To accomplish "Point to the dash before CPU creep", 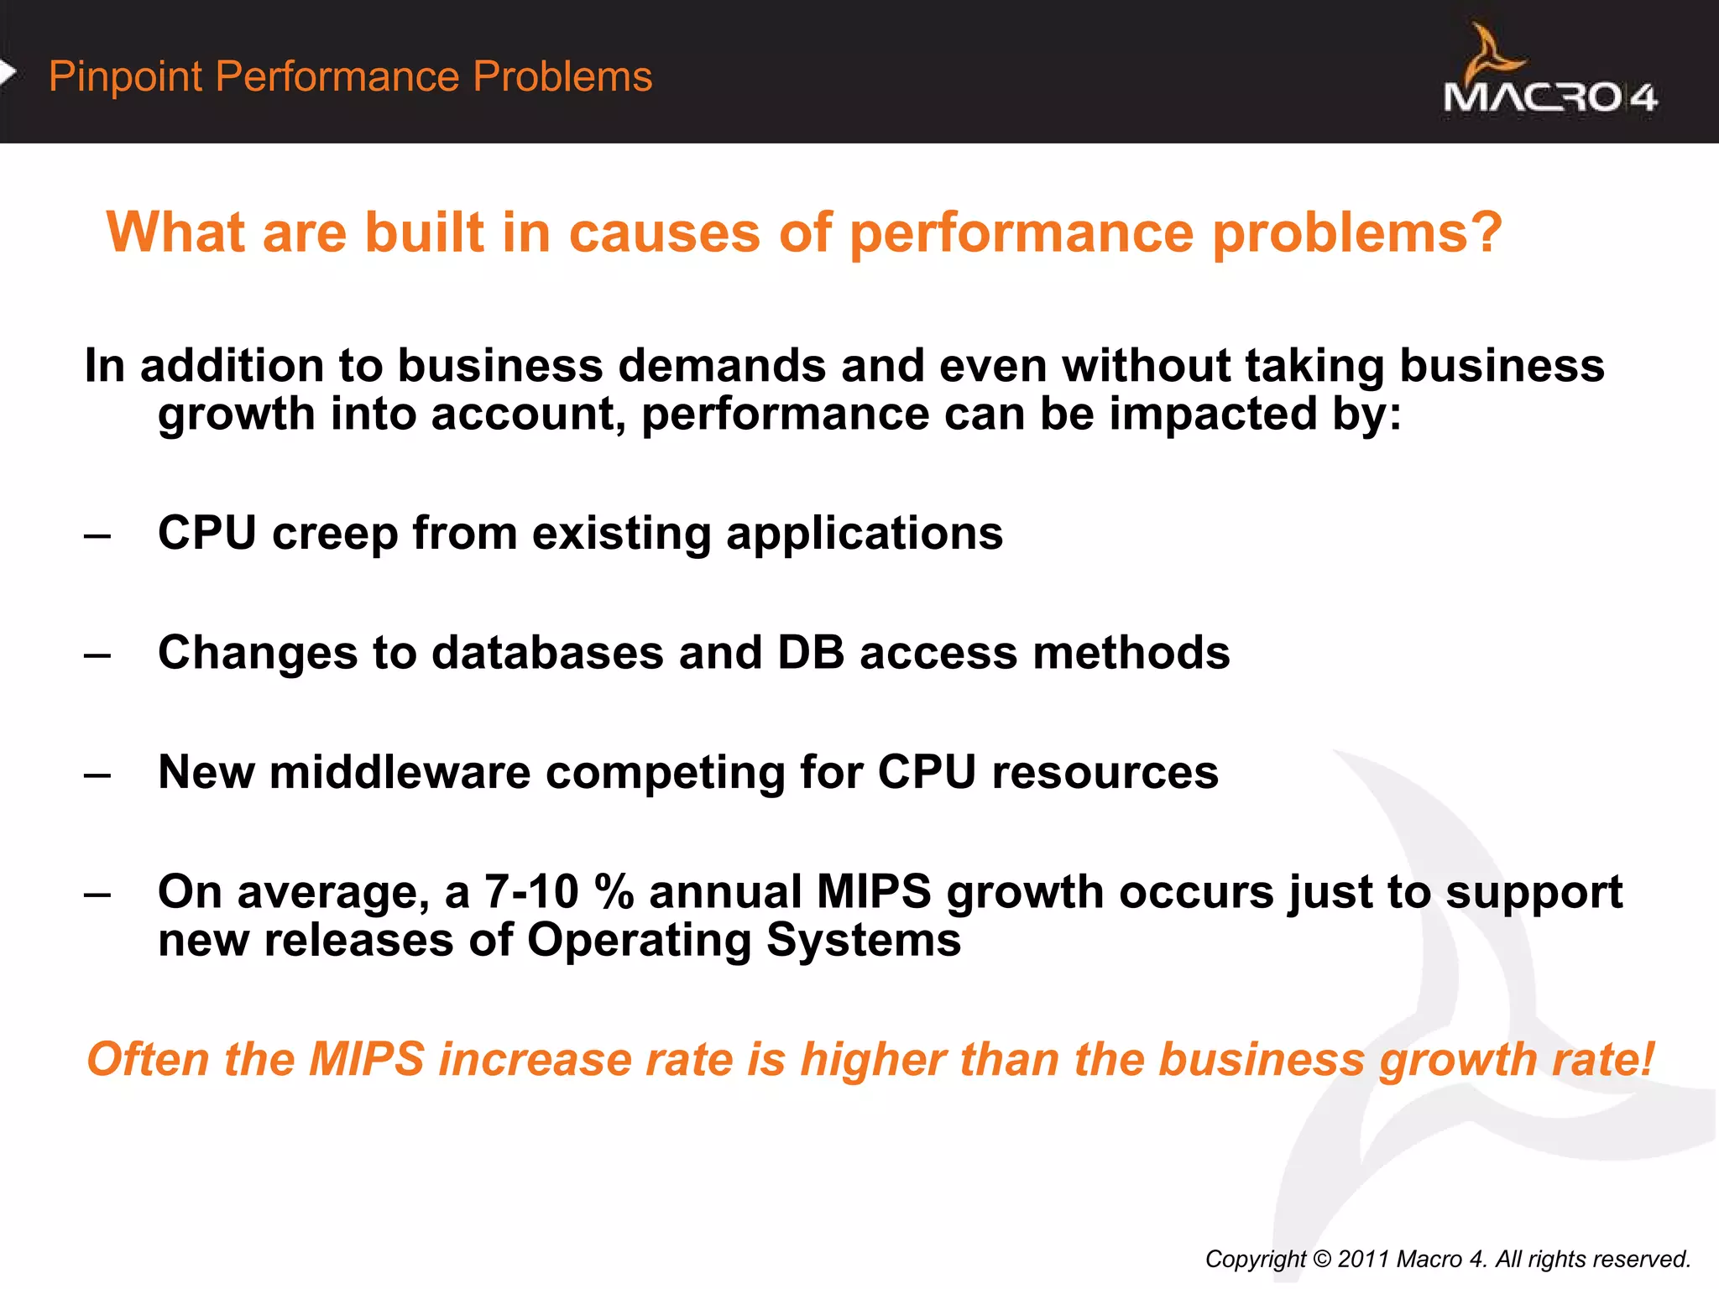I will (97, 535).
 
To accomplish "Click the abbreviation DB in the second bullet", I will (811, 653).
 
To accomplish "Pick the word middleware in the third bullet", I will (400, 772).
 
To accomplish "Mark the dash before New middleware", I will (97, 773).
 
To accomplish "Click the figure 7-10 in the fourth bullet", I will (531, 891).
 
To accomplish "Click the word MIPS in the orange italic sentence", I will (367, 1059).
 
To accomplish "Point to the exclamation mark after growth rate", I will (1647, 1059).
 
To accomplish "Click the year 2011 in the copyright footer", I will (1364, 1259).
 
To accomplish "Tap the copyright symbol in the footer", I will (1322, 1259).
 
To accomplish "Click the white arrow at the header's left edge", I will (8, 73).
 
